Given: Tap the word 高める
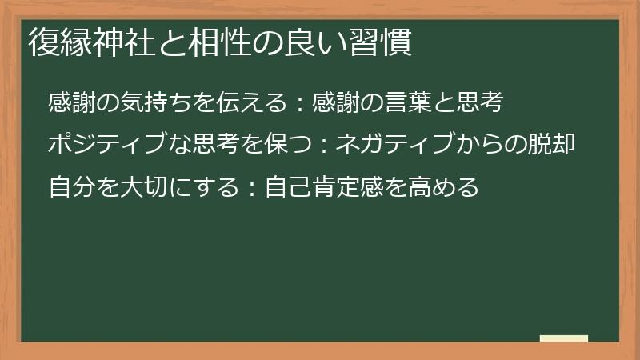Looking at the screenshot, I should tap(452, 188).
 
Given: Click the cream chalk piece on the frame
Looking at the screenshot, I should tap(563, 338).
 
